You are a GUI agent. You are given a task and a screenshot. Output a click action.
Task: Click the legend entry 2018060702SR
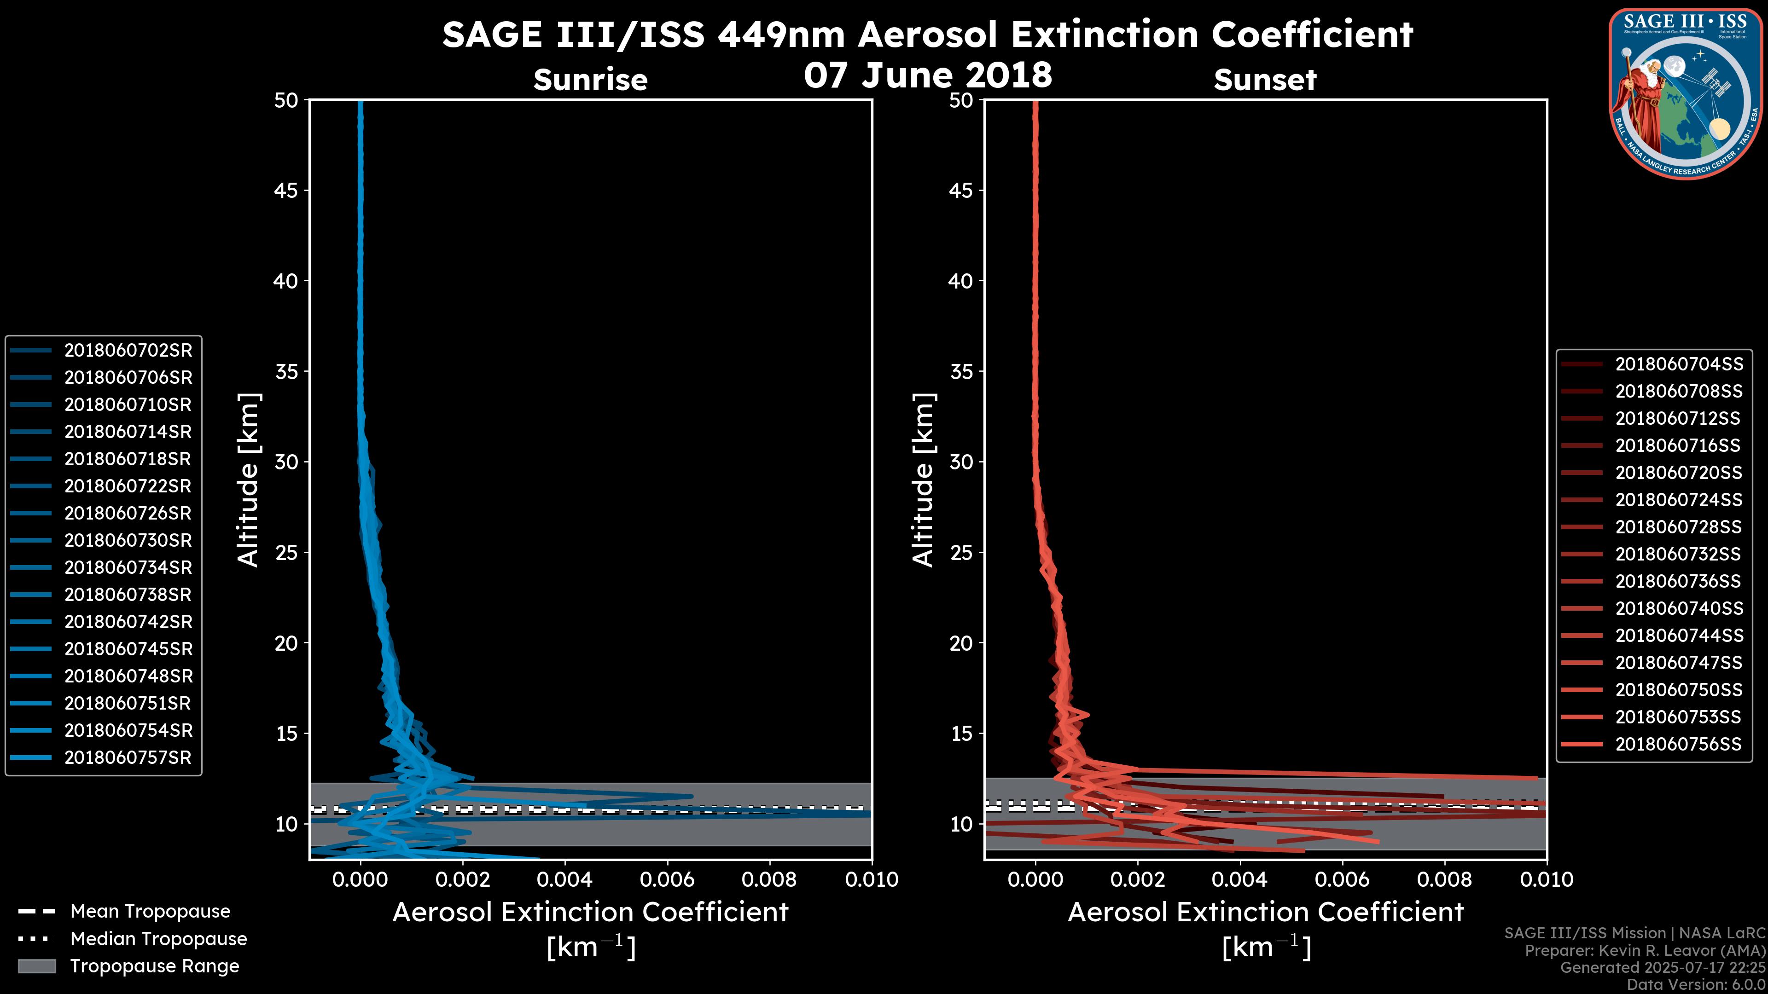coord(128,351)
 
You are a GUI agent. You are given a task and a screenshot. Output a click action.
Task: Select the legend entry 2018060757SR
coord(128,758)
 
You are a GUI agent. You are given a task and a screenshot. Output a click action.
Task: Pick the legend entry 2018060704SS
coord(1678,364)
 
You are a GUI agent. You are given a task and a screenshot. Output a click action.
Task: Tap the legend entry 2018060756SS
coord(1678,744)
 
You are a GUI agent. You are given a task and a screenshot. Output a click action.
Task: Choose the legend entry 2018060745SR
coord(128,649)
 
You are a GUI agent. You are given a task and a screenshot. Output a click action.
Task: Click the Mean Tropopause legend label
coord(150,912)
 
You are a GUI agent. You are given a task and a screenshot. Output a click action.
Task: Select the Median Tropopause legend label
coord(158,939)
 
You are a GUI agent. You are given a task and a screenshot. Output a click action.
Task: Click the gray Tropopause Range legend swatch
coord(36,966)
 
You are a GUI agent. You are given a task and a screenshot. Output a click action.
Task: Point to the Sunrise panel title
coord(590,80)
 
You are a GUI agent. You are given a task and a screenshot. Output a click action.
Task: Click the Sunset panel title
coord(1264,80)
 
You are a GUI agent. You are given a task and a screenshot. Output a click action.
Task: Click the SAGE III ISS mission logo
coord(1687,93)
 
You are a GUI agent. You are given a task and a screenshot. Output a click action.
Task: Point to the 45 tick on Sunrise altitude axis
coord(286,191)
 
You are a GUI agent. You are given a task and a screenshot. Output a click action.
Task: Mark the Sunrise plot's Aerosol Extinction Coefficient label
coord(590,913)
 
